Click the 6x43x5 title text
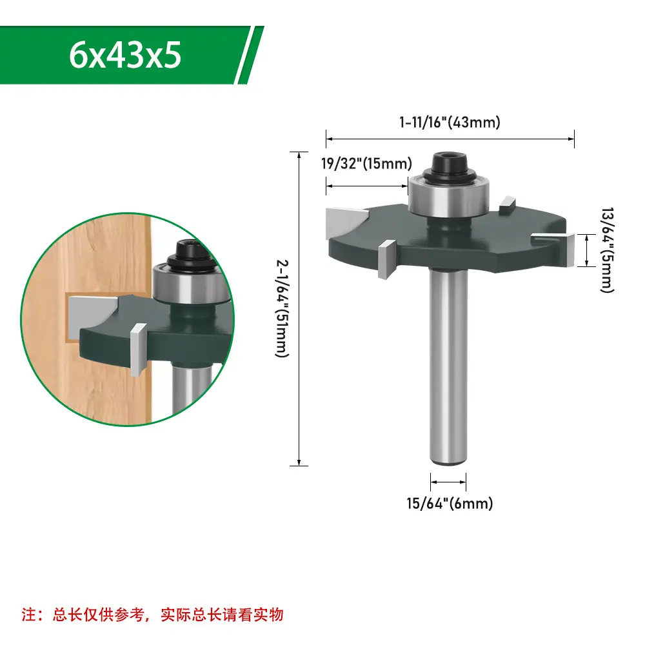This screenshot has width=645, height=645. (125, 55)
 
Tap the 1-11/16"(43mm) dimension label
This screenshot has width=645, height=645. (450, 122)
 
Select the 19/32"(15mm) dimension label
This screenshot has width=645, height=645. (366, 163)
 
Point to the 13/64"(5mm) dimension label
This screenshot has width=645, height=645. (607, 250)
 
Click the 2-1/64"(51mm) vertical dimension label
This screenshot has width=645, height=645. (283, 308)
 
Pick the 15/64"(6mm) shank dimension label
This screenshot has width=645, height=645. (450, 503)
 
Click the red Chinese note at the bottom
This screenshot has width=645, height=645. (153, 615)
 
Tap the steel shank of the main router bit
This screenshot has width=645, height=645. (448, 366)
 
